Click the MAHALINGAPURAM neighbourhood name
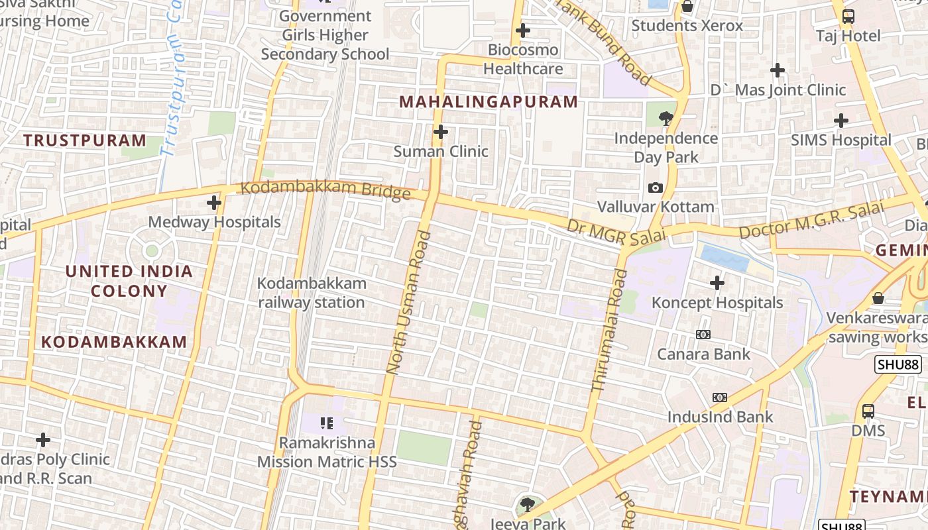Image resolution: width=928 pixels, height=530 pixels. pos(489,102)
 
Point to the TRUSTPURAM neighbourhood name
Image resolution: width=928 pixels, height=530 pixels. pos(85,140)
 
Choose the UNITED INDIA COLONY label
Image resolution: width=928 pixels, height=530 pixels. pos(129,281)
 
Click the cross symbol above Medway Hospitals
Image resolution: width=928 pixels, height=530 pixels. pos(214,203)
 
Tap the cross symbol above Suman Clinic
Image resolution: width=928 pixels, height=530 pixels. pos(441,132)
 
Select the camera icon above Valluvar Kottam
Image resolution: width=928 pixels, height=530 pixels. pos(656,188)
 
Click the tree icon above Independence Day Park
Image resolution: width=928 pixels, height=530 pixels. pos(666,119)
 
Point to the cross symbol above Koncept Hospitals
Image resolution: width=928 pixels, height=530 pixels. pos(717,284)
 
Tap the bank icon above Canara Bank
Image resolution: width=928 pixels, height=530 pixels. pos(703,335)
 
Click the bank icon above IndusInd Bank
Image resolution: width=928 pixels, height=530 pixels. pos(720,397)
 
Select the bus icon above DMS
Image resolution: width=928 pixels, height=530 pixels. pos(868,411)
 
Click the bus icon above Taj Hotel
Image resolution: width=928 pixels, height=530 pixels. pos(848,17)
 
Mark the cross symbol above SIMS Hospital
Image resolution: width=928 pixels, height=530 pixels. pos(841,121)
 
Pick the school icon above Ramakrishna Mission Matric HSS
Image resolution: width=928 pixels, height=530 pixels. pos(326,423)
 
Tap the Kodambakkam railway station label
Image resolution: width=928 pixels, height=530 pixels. pos(311,293)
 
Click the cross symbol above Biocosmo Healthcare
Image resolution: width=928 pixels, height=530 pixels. pos(523,30)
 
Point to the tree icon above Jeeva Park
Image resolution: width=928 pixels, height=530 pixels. pos(528,505)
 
